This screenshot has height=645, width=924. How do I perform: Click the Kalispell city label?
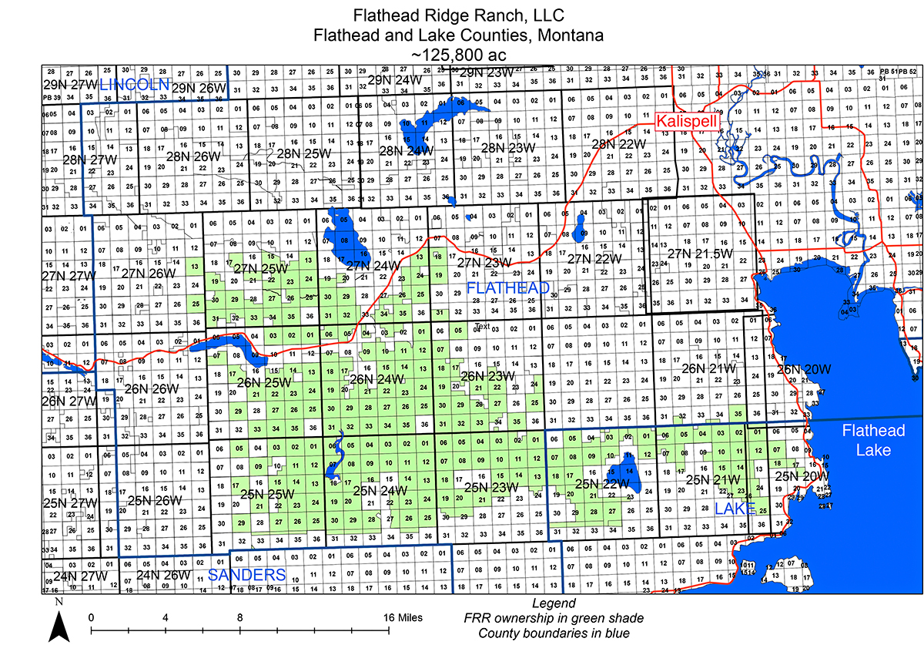(x=685, y=121)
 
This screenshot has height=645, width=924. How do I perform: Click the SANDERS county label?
(x=247, y=575)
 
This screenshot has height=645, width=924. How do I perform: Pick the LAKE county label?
(x=735, y=509)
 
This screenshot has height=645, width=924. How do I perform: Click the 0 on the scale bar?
(x=91, y=618)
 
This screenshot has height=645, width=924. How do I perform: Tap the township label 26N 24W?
(x=377, y=379)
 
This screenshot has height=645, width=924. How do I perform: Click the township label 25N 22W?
(x=601, y=483)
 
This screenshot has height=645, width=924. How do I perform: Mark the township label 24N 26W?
(x=162, y=574)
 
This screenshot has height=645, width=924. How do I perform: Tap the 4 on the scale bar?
(x=166, y=618)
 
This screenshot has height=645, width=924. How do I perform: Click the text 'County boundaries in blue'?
(x=554, y=633)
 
